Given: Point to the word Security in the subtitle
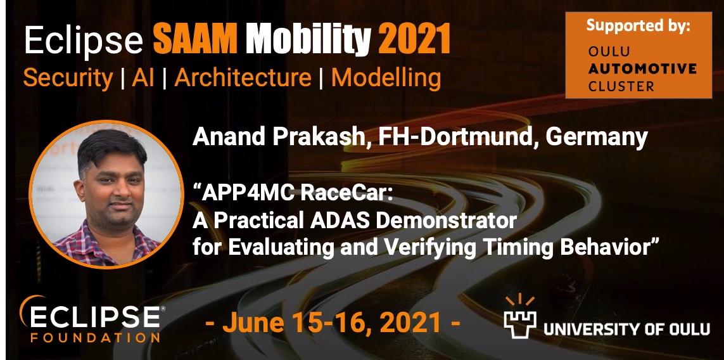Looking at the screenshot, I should pos(67,78).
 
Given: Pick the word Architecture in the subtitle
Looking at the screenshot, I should pos(243,78).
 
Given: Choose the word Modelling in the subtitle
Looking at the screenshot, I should pos(386,78).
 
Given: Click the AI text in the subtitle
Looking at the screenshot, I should pos(143,78).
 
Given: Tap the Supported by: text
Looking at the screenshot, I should pos(638,26).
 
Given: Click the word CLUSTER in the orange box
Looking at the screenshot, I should pos(621,86).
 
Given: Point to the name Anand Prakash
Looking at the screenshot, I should pos(277,138).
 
